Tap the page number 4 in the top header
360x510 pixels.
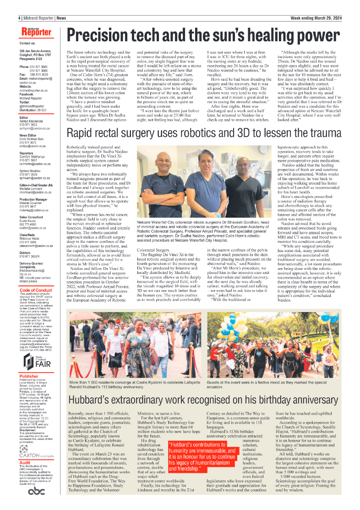point(20,18)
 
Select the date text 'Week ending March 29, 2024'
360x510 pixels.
point(317,18)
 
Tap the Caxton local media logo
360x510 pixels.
point(37,456)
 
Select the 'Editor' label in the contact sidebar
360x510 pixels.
point(24,117)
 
